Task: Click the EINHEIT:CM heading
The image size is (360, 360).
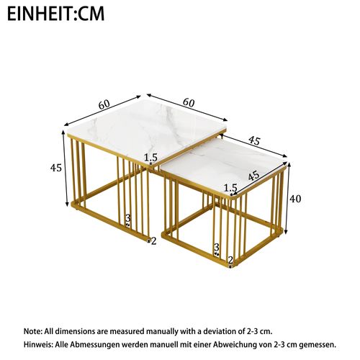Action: [57, 14]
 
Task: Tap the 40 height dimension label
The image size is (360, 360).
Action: [294, 198]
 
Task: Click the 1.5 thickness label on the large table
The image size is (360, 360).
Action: [150, 158]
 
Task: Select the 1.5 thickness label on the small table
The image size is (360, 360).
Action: [230, 189]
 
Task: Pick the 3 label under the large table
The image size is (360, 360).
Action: [128, 217]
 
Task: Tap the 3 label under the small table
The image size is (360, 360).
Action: [217, 247]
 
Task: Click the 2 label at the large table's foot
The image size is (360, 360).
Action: [153, 241]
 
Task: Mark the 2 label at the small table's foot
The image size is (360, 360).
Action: [230, 260]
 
